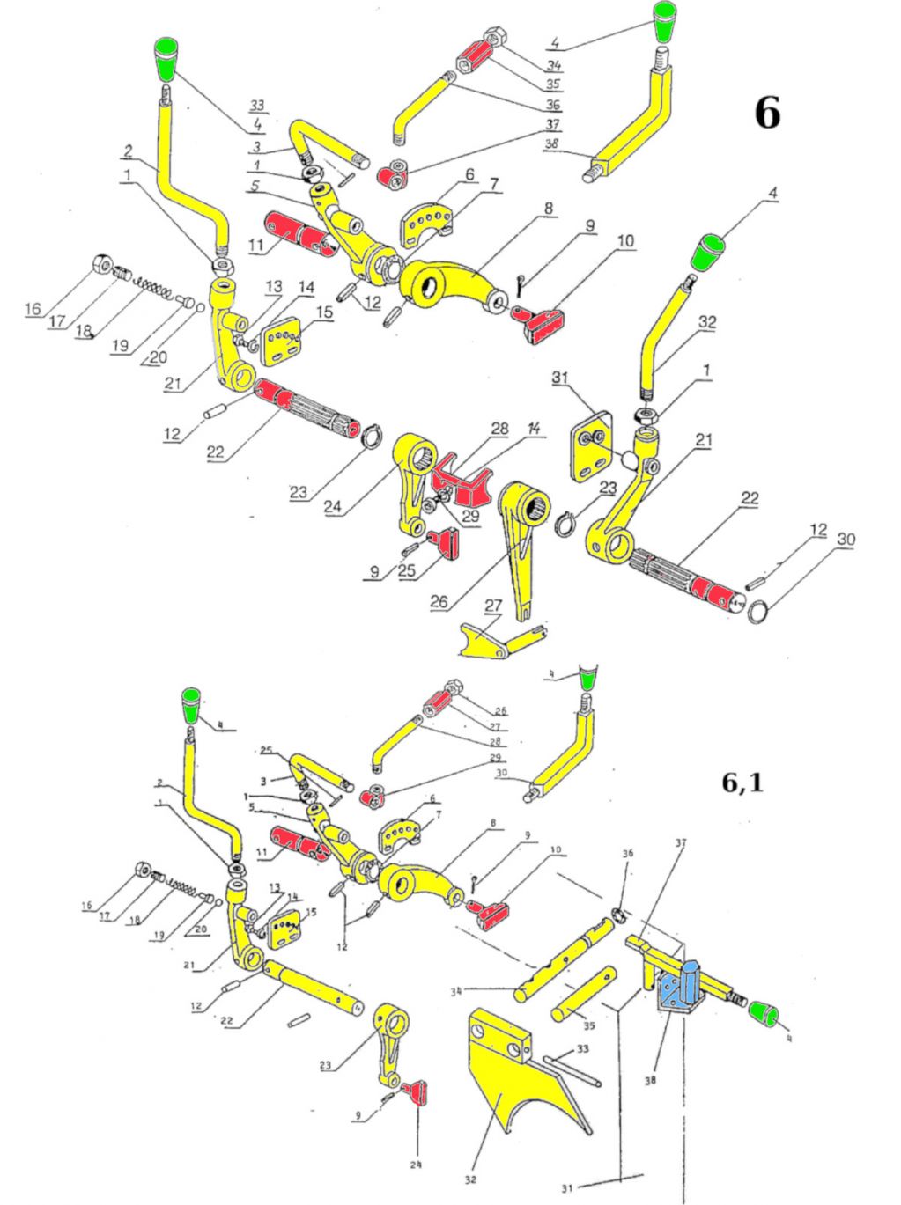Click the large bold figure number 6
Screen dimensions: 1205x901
pyautogui.click(x=767, y=113)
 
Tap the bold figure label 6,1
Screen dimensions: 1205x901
pyautogui.click(x=742, y=782)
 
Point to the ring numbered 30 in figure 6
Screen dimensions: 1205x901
pyautogui.click(x=758, y=610)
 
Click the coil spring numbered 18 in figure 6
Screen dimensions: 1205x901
pyautogui.click(x=155, y=287)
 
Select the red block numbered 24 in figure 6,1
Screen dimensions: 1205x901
pyautogui.click(x=418, y=1093)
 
